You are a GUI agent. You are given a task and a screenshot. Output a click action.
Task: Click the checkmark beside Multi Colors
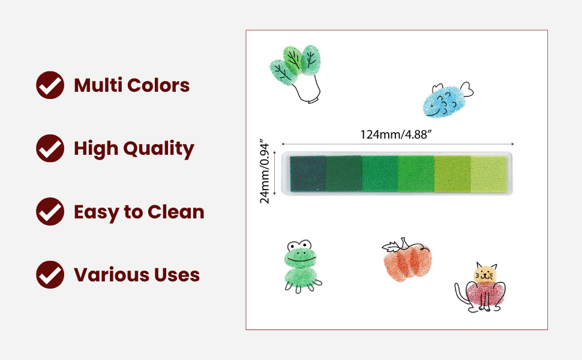(50, 85)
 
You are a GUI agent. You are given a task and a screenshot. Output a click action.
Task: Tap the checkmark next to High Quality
(50, 148)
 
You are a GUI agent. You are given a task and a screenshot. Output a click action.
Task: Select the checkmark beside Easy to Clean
(50, 212)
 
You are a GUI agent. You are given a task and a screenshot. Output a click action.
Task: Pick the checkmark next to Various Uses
(50, 275)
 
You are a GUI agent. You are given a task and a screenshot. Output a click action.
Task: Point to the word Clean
(176, 212)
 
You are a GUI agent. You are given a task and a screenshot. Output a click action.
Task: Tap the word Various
(112, 275)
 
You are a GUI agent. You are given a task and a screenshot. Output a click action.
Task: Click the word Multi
(98, 85)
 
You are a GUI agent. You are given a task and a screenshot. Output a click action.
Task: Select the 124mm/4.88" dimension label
(396, 134)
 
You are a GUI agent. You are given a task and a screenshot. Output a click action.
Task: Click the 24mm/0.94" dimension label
(264, 172)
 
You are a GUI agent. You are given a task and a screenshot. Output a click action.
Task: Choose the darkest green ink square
(308, 173)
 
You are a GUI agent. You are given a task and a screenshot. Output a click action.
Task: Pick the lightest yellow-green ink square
(489, 174)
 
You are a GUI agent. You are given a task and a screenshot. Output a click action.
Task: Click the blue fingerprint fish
(445, 101)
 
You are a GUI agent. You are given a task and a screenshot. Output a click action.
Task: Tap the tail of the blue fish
(467, 89)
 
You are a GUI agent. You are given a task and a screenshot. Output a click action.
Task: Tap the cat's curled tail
(462, 294)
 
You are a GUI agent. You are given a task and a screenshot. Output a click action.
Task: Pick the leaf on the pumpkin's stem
(391, 247)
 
